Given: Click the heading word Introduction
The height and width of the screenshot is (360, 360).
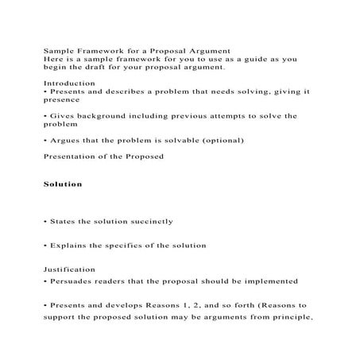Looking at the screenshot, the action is (x=66, y=83).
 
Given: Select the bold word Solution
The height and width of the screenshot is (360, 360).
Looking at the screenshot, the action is (x=63, y=184).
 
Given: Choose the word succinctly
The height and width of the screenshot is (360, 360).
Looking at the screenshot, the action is (x=146, y=221).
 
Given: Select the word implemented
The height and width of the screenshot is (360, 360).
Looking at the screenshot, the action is (x=270, y=281).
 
